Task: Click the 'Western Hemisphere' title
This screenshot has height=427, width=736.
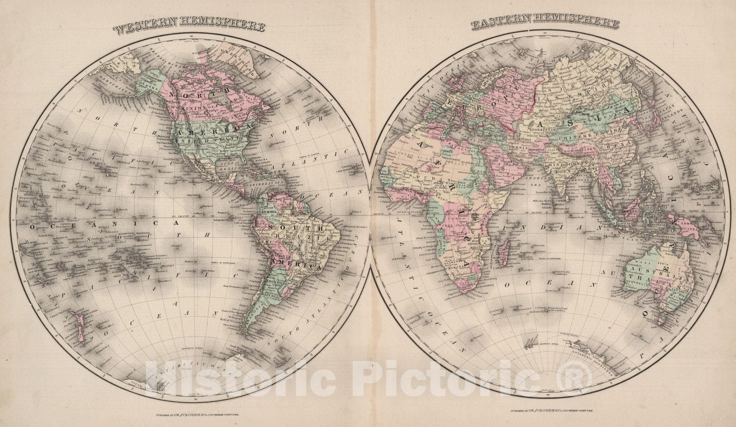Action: coord(189,27)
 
